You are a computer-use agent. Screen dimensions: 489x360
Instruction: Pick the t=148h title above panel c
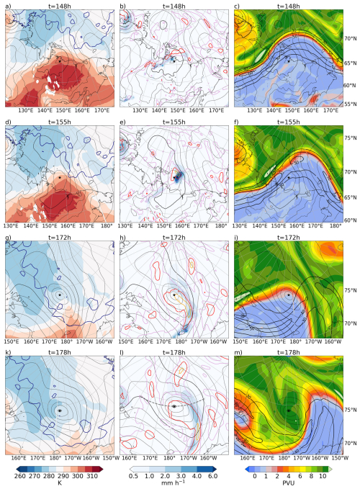point(288,6)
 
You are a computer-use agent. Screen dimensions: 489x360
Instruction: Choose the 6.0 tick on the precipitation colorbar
point(217,476)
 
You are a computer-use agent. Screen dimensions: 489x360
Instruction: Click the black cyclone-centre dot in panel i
point(287,295)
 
